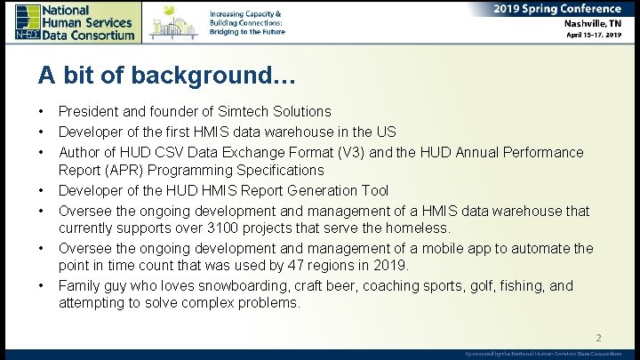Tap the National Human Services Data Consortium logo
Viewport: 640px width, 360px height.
pos(76,21)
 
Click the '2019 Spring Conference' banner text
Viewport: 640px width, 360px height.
pos(557,9)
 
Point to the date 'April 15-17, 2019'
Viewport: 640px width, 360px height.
pos(594,36)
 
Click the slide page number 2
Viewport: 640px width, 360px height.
pos(598,338)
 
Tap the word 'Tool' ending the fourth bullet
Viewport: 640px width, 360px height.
pos(372,190)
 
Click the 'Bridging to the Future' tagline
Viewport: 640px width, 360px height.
pos(247,31)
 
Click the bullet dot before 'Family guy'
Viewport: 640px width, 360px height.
pos(42,285)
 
